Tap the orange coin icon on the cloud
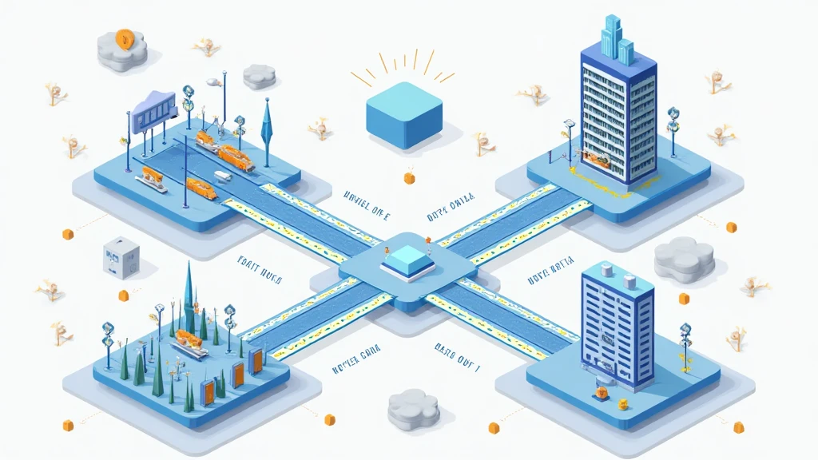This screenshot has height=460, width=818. (125, 37)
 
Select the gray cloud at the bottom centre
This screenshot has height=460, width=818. (413, 410)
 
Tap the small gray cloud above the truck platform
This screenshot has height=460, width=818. (259, 77)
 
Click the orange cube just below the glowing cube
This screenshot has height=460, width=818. (410, 177)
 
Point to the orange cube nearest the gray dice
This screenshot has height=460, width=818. (124, 295)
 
